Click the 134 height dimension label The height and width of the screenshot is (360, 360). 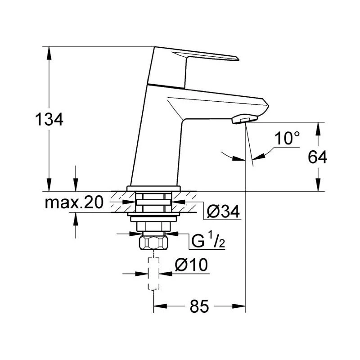point(49,119)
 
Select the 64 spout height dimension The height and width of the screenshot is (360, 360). point(318,157)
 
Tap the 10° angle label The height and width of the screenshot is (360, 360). point(287,138)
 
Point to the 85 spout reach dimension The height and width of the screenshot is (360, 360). point(199,306)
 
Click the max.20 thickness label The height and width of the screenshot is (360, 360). point(74,203)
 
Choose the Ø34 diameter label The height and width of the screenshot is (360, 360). point(223,211)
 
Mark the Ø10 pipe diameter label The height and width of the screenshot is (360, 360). point(191,265)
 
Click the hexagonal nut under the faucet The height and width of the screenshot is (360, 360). point(153,243)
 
